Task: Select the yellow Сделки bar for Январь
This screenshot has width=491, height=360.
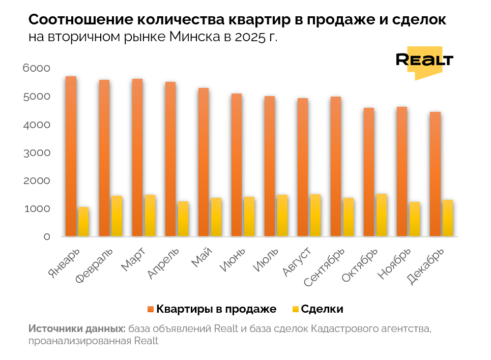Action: point(83,222)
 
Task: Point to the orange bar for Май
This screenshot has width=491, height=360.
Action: point(204,162)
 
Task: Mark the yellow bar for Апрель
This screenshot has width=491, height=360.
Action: point(183,219)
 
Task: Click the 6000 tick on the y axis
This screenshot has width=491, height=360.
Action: point(37,68)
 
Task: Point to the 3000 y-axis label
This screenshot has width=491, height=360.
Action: point(37,153)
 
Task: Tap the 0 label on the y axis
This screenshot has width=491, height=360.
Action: point(47,237)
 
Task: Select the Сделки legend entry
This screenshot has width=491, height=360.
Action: point(322,309)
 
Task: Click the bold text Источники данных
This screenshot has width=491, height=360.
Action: point(77,328)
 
